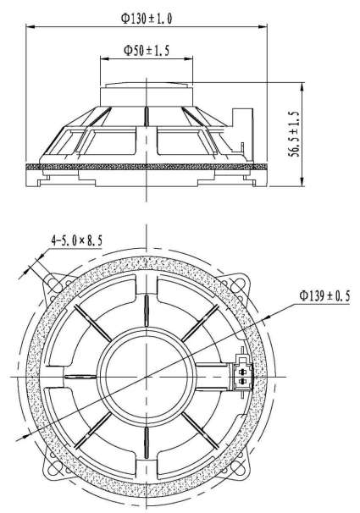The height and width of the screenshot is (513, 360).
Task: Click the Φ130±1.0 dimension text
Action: [147, 18]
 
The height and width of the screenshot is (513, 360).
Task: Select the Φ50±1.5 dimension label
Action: [147, 51]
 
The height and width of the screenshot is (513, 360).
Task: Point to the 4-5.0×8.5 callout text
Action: [76, 240]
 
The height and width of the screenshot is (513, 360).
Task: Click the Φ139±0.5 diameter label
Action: [324, 296]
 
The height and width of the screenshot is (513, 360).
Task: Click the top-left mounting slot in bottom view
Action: [53, 284]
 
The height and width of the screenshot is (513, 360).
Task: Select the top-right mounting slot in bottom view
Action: [241, 284]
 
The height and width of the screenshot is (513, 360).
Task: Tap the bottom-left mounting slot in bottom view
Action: [53, 468]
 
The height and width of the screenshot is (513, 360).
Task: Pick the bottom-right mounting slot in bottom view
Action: [240, 468]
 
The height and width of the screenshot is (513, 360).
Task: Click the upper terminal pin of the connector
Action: [242, 372]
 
